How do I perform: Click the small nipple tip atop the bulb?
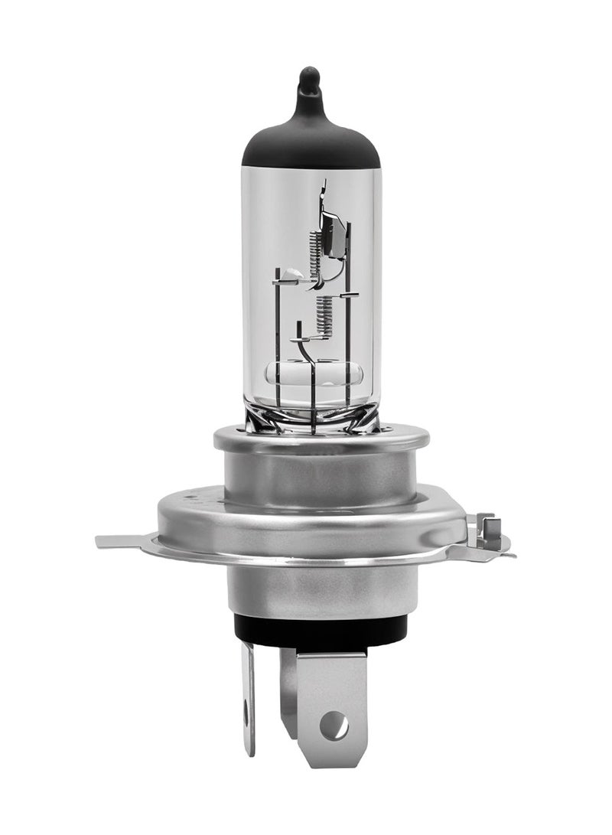[309, 77]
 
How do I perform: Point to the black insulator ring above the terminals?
[321, 631]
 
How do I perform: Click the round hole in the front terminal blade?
[334, 724]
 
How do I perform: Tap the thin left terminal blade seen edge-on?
[249, 696]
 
